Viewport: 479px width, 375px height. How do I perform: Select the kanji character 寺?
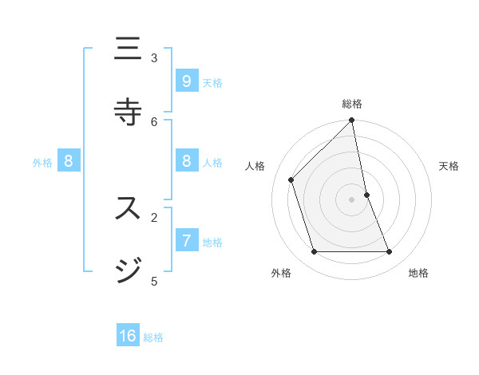128,111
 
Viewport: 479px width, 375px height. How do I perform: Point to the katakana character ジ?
128,270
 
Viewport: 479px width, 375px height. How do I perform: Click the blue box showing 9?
186,81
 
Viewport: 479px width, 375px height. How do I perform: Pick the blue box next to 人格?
186,161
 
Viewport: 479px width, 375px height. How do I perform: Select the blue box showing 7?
186,240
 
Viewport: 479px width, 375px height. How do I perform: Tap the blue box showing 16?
128,336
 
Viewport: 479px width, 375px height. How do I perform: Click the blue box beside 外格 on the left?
69,161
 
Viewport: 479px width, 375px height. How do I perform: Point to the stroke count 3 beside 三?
154,57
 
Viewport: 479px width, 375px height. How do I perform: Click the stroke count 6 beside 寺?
154,121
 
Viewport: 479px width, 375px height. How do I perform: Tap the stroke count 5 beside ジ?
154,281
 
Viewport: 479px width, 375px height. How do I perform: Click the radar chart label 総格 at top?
352,104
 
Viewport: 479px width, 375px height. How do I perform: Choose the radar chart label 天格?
449,166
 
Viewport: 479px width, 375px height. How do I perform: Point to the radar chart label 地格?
418,273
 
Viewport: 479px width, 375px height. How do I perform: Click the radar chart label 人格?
255,166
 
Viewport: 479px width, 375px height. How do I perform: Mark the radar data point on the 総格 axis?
352,120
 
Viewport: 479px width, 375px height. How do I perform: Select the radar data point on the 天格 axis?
366,195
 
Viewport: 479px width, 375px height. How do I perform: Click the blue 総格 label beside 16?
153,337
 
